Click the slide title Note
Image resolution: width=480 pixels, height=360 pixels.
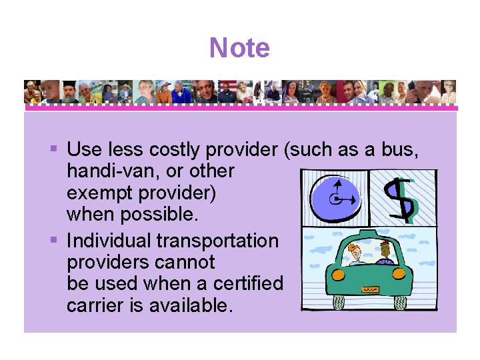[239, 48]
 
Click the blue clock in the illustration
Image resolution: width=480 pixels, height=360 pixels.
[335, 198]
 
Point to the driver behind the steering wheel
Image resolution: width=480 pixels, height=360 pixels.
[385, 253]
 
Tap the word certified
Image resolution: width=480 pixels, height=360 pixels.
[249, 283]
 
